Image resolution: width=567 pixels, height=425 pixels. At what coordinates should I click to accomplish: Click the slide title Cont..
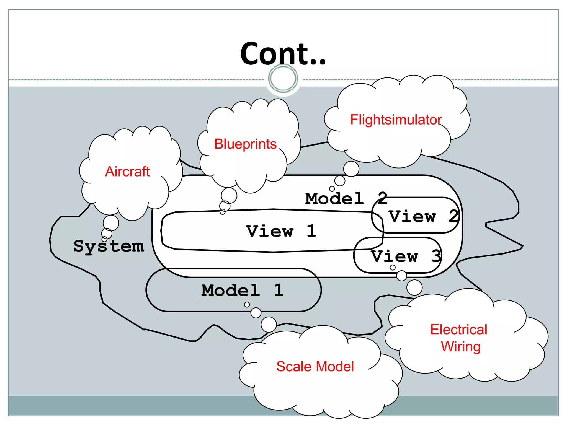point(283,54)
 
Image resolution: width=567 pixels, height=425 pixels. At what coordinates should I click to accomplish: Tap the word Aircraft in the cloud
point(127,172)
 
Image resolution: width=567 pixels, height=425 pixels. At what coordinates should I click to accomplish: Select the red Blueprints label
point(245,144)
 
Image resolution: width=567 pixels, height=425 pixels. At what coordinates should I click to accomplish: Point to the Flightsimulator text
point(396,120)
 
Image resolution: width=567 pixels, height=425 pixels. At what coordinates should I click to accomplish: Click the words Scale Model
point(315,367)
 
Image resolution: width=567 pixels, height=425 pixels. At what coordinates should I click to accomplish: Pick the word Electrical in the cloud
point(458,330)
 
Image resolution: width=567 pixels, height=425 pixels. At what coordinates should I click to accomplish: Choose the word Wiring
point(461,347)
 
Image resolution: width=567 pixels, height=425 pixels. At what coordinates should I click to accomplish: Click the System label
point(109,246)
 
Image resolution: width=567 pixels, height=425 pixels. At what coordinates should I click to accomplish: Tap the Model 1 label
point(242,290)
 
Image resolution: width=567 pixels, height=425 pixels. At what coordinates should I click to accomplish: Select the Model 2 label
point(346,198)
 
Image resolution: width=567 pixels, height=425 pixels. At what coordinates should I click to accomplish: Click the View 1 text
point(281,231)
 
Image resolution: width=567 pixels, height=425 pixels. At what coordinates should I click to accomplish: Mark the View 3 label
point(406,256)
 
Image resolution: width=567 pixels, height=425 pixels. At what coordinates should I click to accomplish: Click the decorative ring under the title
point(283,78)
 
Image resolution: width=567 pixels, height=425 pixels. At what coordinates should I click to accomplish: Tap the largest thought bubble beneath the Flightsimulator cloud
point(351,169)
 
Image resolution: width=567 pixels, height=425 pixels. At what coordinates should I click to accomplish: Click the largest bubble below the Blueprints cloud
point(229,195)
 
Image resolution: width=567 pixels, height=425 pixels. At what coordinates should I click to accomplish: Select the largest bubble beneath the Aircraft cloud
point(111,223)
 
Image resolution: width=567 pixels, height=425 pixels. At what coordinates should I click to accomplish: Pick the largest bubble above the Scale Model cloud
point(269,324)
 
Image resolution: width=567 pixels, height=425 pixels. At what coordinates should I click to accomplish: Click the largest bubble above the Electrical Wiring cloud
point(414,287)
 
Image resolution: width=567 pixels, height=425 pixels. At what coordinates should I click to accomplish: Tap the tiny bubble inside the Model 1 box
point(247,305)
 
